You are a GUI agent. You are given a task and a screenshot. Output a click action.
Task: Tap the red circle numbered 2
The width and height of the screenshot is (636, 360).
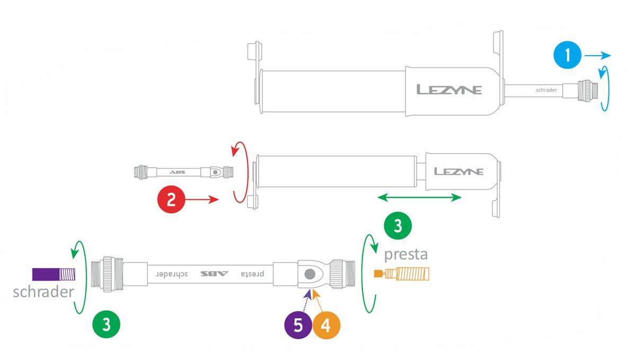click(171, 200)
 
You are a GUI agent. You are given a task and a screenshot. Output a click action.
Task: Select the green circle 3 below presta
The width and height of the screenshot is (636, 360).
click(397, 225)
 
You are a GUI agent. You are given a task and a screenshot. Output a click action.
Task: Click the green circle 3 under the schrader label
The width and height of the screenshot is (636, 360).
click(106, 324)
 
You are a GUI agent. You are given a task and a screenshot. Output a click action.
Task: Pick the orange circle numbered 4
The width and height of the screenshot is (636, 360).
click(326, 324)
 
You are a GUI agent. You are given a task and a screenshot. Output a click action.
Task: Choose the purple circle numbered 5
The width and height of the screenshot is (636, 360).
click(298, 324)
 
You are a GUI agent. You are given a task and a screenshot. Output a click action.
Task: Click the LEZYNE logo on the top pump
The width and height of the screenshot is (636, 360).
click(449, 90)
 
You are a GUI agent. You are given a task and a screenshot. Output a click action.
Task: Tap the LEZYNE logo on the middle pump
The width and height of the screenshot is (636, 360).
click(458, 171)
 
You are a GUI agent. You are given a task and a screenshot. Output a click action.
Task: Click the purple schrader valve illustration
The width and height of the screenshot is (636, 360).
click(54, 274)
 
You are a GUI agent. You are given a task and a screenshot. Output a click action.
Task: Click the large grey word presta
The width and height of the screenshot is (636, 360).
click(405, 255)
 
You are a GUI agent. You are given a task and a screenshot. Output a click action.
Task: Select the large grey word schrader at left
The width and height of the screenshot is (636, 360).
click(43, 291)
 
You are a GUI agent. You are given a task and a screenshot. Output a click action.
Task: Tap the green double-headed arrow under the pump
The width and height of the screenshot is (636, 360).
click(419, 197)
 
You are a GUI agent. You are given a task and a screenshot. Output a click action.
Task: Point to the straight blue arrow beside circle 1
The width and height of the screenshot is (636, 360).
click(598, 55)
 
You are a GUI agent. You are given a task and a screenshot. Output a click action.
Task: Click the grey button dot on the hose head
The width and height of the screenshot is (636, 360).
click(310, 274)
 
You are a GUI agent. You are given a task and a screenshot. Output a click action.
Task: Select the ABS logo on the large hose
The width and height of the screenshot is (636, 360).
click(215, 274)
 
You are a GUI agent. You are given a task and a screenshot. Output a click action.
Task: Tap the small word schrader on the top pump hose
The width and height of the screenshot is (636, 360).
click(546, 90)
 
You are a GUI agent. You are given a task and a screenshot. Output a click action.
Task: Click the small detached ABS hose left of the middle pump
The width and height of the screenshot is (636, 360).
click(183, 172)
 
